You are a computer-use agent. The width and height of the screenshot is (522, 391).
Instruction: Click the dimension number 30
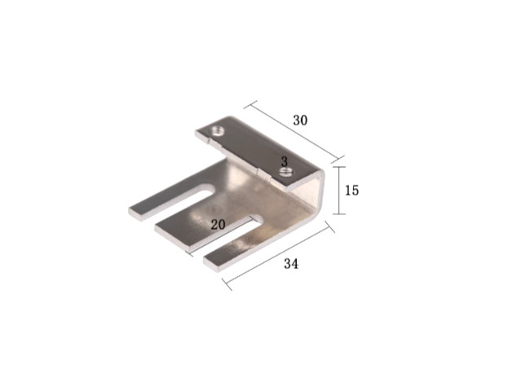click(300, 121)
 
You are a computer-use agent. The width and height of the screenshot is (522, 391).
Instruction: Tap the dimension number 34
click(291, 264)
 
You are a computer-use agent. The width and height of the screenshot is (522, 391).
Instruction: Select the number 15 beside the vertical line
click(352, 191)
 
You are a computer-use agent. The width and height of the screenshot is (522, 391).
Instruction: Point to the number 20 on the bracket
click(218, 225)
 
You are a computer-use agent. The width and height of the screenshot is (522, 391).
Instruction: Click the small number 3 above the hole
click(284, 162)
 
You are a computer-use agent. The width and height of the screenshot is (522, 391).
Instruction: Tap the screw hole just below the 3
click(285, 172)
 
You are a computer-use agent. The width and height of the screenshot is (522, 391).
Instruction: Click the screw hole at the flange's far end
click(217, 130)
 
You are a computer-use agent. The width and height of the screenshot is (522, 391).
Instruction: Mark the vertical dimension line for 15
click(339, 190)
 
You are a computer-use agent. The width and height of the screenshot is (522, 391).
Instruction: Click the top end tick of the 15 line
click(339, 166)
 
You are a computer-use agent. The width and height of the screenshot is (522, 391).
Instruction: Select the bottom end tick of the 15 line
click(339, 214)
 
